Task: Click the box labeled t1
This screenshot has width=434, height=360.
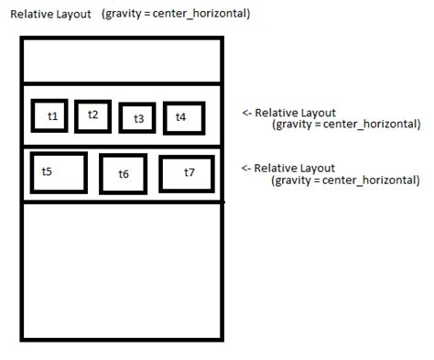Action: point(52,116)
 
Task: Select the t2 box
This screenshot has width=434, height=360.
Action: point(92,115)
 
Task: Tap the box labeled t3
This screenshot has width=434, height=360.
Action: point(137,119)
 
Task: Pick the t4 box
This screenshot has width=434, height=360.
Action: point(183,118)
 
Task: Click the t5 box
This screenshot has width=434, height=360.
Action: point(59,172)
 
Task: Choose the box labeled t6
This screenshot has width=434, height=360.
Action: point(123,174)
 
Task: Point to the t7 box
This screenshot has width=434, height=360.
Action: point(186,173)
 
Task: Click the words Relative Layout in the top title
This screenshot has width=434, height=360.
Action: point(50,15)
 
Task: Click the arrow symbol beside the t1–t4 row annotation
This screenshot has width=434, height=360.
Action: point(246,113)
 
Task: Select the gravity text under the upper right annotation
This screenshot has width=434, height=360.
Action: point(346,125)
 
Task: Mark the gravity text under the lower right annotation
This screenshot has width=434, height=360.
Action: point(346,180)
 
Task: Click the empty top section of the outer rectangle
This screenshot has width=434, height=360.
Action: point(121,61)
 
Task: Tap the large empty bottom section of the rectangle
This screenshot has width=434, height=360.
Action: point(121,270)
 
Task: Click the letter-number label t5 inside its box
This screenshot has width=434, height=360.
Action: point(47,171)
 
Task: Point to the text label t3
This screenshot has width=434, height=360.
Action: point(138,119)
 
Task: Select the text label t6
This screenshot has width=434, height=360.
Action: point(124,174)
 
